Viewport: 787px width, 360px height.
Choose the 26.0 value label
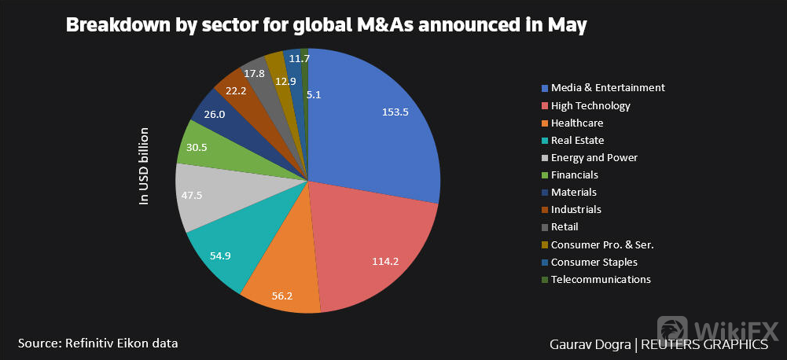(214, 114)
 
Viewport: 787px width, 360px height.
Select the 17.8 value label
(254, 74)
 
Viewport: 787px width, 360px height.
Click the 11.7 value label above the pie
(299, 58)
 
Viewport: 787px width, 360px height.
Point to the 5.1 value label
(313, 94)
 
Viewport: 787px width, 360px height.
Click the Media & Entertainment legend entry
(608, 88)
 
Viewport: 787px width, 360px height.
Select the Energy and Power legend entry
(594, 158)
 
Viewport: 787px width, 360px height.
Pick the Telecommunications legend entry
(601, 280)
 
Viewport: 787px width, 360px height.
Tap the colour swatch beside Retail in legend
(545, 227)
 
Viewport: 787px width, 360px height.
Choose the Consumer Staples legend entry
(594, 263)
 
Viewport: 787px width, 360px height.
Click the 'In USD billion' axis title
(144, 166)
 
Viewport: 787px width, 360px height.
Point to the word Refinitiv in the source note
(95, 343)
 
